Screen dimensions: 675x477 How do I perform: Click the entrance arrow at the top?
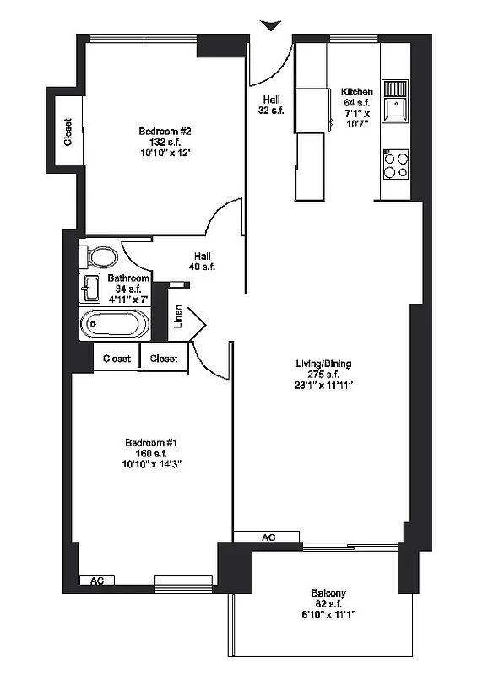[270, 26]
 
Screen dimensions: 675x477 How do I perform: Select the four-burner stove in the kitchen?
[396, 164]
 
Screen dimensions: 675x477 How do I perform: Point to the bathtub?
[115, 324]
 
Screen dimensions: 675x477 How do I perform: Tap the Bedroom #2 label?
[165, 132]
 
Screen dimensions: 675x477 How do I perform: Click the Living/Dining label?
[323, 364]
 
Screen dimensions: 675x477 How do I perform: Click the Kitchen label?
[357, 91]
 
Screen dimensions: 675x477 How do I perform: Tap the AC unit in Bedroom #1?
[96, 580]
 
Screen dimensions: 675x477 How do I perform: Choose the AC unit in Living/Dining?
[268, 537]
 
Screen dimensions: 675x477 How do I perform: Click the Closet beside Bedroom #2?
[67, 132]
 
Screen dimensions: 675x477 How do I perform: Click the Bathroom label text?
[128, 278]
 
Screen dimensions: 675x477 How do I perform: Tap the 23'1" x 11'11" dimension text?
[323, 386]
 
